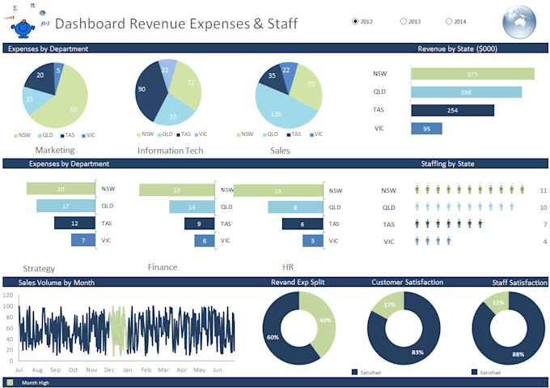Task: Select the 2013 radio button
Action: point(404,21)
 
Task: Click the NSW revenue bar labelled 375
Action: point(472,75)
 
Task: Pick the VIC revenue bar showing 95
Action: point(426,128)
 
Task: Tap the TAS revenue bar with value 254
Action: point(452,110)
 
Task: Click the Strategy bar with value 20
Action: point(61,189)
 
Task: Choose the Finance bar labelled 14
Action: point(191,207)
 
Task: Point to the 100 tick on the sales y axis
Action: point(8,307)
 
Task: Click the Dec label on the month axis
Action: point(90,369)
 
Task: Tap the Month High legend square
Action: point(10,382)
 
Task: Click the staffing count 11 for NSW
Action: point(544,190)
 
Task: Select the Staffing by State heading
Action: point(447,164)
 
